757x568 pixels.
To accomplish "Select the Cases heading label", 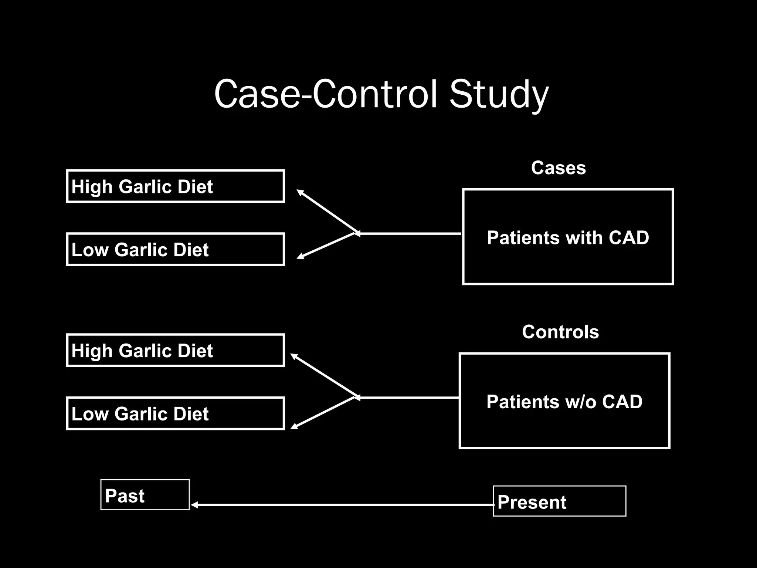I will pyautogui.click(x=558, y=168).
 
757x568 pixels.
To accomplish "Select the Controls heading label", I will pyautogui.click(x=560, y=332).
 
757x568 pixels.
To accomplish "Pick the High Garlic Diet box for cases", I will pyautogui.click(x=175, y=186).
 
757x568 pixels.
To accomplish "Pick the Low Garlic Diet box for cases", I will pyautogui.click(x=175, y=249).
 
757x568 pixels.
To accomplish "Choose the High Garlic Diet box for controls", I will pyautogui.click(x=175, y=350).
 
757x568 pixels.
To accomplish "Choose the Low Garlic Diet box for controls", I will pyautogui.click(x=175, y=413).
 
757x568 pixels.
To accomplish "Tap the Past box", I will pyautogui.click(x=145, y=495).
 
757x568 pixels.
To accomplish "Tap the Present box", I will pyautogui.click(x=559, y=501).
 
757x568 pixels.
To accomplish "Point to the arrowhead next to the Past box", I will pyautogui.click(x=194, y=505).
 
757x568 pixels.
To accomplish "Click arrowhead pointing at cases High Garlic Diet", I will pyautogui.click(x=300, y=192).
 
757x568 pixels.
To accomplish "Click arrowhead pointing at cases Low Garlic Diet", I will pyautogui.click(x=300, y=256).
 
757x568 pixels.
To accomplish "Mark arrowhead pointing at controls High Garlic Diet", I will pyautogui.click(x=293, y=356).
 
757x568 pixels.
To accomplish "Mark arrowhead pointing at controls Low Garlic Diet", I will pyautogui.click(x=293, y=427).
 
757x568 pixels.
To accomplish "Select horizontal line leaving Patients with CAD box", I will pyautogui.click(x=410, y=234).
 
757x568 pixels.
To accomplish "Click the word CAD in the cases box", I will pyautogui.click(x=629, y=237).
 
